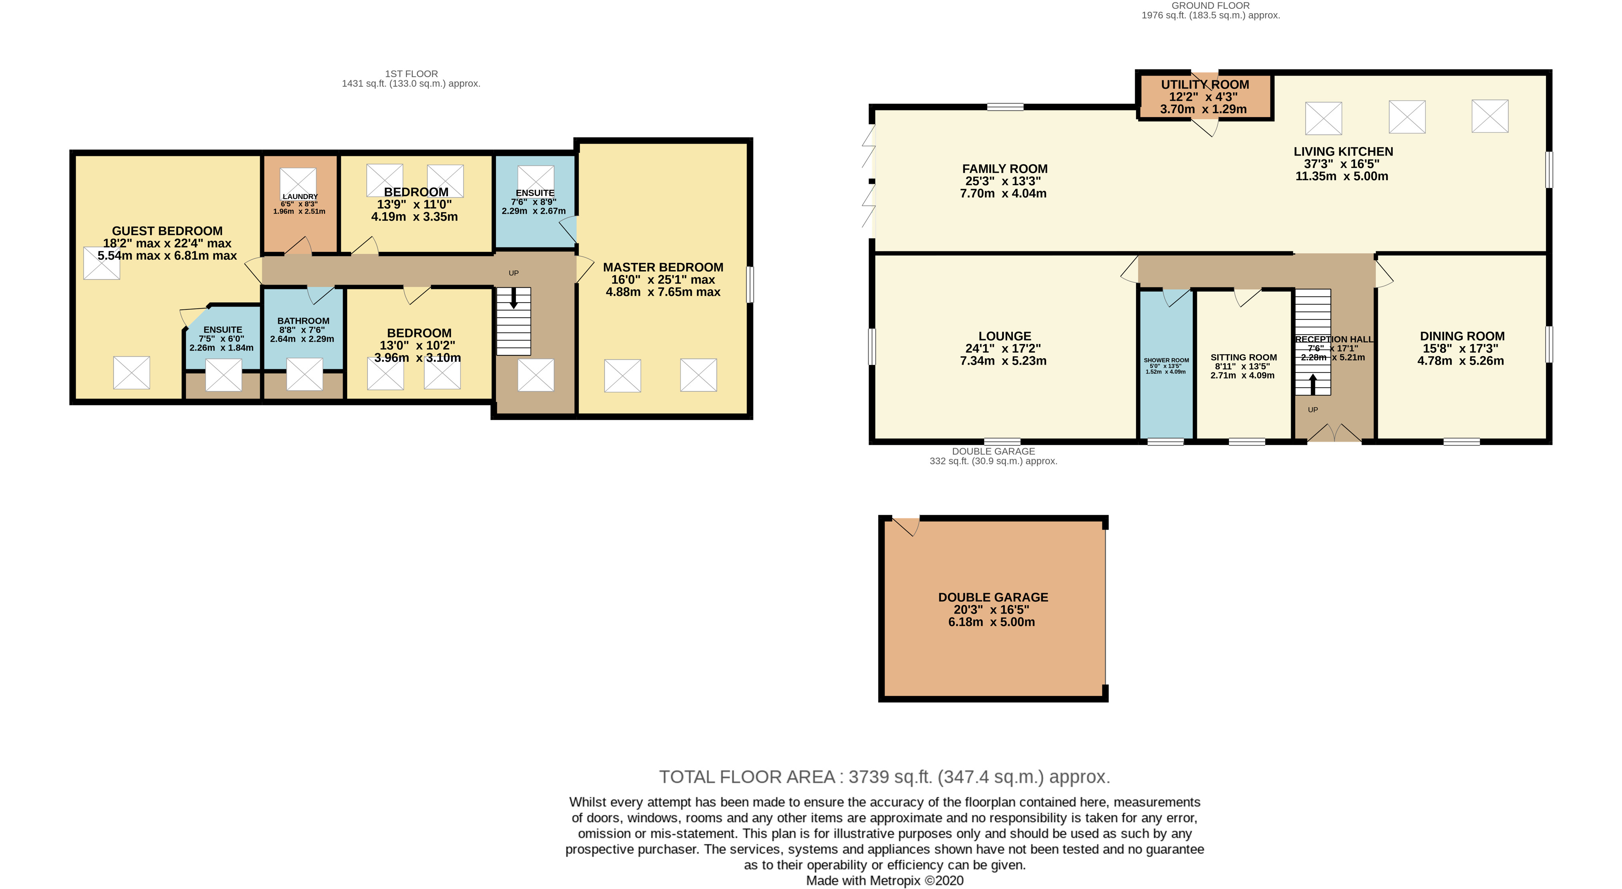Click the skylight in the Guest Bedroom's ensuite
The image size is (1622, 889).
tap(224, 375)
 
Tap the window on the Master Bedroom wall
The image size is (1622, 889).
tap(749, 285)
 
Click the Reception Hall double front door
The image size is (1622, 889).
tap(1334, 433)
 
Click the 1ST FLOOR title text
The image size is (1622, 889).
tap(411, 74)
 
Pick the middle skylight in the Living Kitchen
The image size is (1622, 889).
tap(1407, 117)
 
